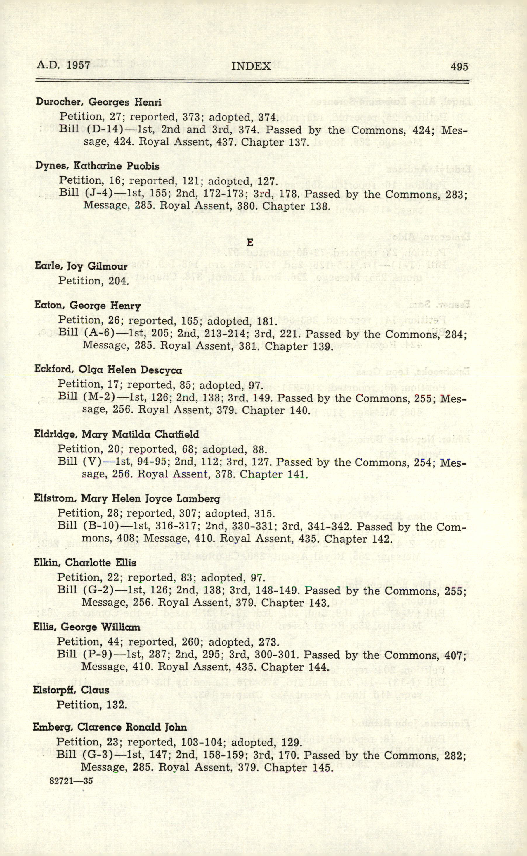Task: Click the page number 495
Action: [460, 66]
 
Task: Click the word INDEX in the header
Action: [251, 66]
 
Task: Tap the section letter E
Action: [249, 242]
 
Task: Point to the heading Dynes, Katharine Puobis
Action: [97, 166]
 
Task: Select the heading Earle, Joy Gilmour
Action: [81, 266]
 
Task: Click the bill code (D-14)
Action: [101, 129]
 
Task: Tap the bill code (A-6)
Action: [99, 333]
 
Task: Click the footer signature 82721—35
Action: [71, 781]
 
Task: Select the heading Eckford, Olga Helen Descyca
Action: [108, 370]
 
